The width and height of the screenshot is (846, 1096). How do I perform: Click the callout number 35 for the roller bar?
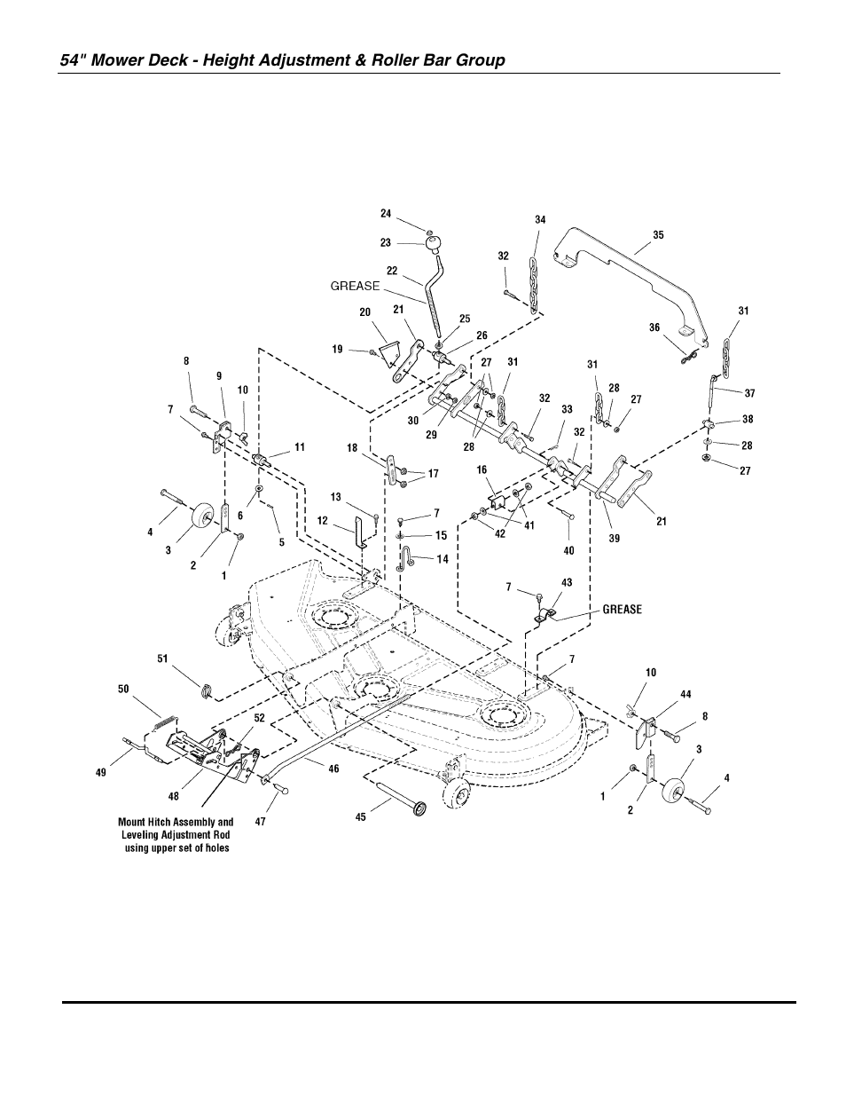(x=658, y=235)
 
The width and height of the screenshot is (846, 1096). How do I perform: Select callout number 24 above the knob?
(x=386, y=213)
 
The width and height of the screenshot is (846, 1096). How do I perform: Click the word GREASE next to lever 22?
(x=355, y=286)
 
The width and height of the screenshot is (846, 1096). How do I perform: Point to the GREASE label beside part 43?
(x=622, y=610)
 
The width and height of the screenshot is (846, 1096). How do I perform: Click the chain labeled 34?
(x=534, y=284)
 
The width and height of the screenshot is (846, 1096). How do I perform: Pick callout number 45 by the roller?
(x=361, y=817)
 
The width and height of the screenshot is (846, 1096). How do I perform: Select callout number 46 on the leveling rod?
(x=333, y=769)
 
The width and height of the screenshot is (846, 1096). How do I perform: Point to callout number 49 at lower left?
(x=101, y=772)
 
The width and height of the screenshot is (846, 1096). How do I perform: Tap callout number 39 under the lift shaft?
(x=615, y=539)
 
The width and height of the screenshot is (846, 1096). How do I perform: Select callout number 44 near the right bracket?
(x=685, y=693)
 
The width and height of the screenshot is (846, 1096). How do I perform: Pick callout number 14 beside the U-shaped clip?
(x=442, y=559)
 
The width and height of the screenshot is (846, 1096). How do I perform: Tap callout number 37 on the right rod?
(x=749, y=391)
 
